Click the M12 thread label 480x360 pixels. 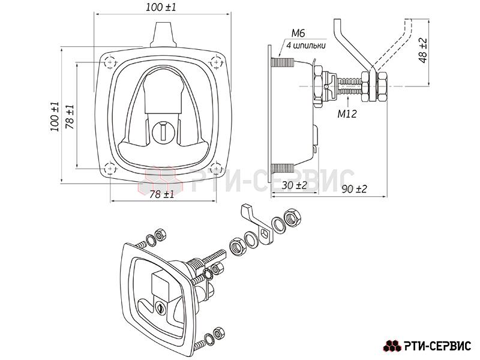pyautogui.click(x=347, y=114)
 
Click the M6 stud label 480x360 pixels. pyautogui.click(x=298, y=33)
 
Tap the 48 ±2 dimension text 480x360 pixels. pyautogui.click(x=424, y=50)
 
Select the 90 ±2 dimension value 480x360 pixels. pyautogui.click(x=354, y=189)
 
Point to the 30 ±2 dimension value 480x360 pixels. pyautogui.click(x=294, y=185)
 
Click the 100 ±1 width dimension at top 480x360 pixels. pyautogui.click(x=161, y=7)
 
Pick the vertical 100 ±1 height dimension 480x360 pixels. pyautogui.click(x=55, y=116)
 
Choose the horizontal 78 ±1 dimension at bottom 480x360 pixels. pyautogui.click(x=162, y=194)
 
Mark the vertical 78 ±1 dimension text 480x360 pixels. pyautogui.click(x=70, y=116)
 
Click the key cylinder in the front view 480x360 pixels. pyautogui.click(x=163, y=132)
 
